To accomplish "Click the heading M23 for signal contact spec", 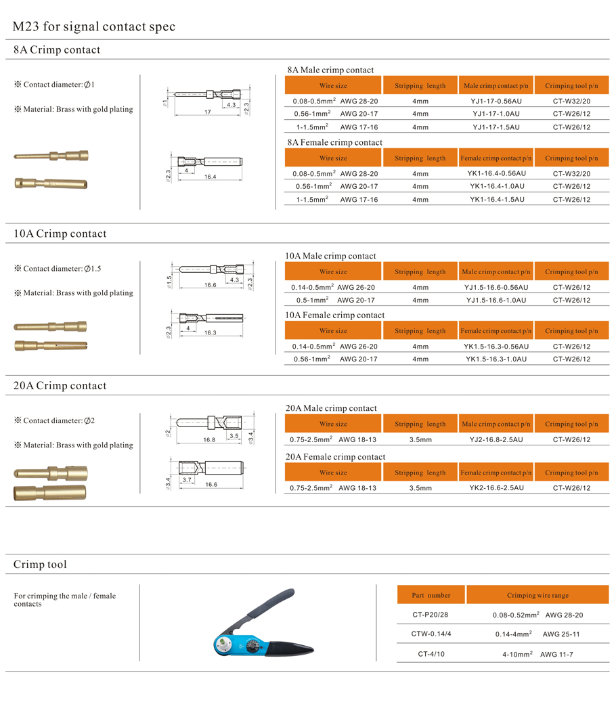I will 94,27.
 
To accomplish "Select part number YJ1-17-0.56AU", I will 496,101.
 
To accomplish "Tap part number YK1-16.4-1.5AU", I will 496,200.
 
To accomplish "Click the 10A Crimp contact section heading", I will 60,234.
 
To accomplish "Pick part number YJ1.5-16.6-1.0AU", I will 496,300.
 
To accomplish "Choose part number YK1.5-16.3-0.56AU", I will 496,347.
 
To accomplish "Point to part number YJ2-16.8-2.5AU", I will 496,439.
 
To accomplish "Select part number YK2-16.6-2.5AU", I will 496,488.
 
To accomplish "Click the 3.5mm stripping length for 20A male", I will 420,439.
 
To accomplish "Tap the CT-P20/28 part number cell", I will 431,615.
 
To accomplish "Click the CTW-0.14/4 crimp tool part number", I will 431,634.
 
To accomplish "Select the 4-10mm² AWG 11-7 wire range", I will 537,655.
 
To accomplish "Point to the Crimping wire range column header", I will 537,596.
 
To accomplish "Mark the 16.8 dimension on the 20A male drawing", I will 209,439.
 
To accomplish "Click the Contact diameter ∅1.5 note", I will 58,269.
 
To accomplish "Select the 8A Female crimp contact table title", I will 334,143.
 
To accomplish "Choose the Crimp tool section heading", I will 41,565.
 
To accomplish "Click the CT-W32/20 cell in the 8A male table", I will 571,101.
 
